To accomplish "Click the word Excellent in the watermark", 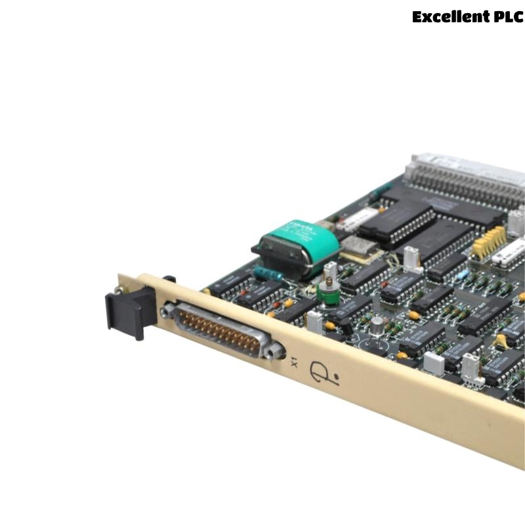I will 450,16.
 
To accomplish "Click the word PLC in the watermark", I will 507,16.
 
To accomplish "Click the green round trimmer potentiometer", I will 327,292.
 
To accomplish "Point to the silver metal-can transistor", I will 377,326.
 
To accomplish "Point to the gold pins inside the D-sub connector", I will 220,328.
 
